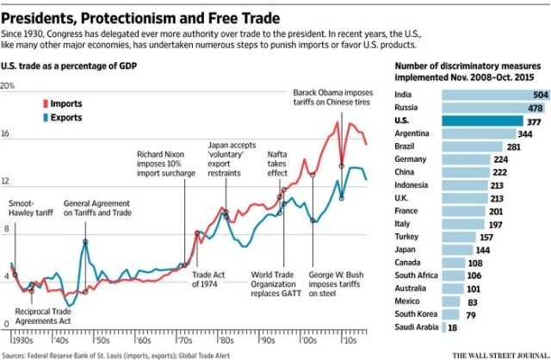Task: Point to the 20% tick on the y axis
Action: (8, 86)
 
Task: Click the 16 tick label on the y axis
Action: (8, 134)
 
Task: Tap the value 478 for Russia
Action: (536, 108)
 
